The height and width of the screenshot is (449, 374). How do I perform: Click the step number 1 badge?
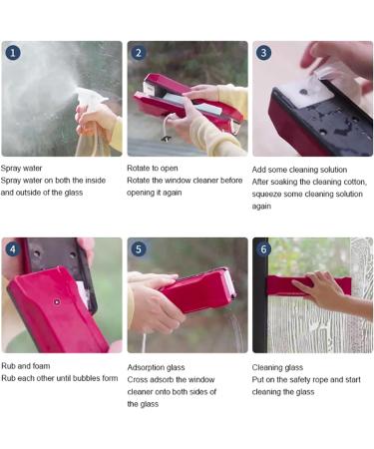tap(13, 52)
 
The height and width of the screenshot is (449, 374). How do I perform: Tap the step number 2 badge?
tap(139, 52)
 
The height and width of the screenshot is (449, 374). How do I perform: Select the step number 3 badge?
tap(264, 52)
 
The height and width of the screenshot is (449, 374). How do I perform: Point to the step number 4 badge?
tap(13, 248)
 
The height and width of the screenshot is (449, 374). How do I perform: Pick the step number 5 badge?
tap(139, 248)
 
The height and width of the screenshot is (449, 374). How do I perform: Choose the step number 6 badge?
tap(264, 248)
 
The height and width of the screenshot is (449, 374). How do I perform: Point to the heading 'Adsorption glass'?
tap(158, 366)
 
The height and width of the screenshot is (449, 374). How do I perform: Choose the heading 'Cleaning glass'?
tap(278, 366)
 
